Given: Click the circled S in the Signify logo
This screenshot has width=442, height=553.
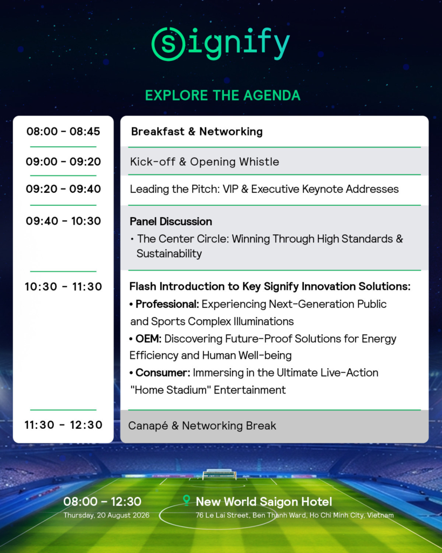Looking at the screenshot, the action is pos(168,44).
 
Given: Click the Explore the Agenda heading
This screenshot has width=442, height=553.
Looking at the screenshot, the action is pos(223,96).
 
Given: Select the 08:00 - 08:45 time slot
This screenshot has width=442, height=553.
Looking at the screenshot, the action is pos(64,132).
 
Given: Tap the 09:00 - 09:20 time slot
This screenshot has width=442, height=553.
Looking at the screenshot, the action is pos(64,161).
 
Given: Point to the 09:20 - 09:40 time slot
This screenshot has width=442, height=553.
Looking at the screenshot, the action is pos(64,189).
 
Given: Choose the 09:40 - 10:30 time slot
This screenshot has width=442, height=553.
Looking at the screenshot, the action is pos(64,221).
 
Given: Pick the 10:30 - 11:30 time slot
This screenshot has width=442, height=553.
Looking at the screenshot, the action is pos(64,287).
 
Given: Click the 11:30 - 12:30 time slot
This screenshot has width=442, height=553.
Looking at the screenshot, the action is pos(64,425).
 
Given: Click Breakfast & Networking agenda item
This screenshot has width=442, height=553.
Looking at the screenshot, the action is pos(196,132).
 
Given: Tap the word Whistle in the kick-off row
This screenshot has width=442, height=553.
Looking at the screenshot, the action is pos(259,161).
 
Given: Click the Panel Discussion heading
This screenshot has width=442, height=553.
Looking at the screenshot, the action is pos(171,221).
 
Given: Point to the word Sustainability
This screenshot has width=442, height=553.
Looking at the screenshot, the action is pos(169,254).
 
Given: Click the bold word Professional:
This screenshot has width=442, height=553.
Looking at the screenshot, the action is pos(167,304).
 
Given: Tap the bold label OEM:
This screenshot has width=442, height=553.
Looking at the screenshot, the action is pos(148,339).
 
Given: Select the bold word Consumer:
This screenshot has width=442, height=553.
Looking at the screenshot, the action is pos(163,373).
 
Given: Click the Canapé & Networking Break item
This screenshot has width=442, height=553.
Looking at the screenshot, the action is pos(202,426).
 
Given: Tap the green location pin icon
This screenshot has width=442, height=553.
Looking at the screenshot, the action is pos(186,500).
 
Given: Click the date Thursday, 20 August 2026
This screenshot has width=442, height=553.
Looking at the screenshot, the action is pos(106,515).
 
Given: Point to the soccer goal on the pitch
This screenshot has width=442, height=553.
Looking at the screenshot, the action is pos(219,474).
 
